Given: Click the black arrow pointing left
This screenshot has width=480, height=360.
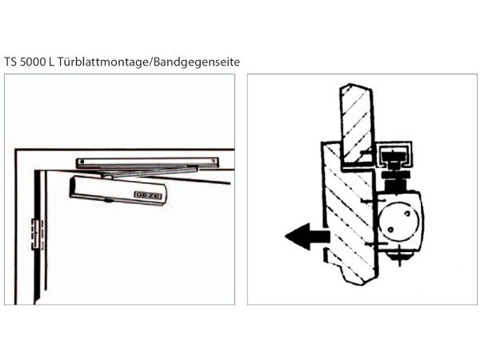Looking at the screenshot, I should pos(306,236).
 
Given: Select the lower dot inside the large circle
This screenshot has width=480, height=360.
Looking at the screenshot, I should pos(391,230).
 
